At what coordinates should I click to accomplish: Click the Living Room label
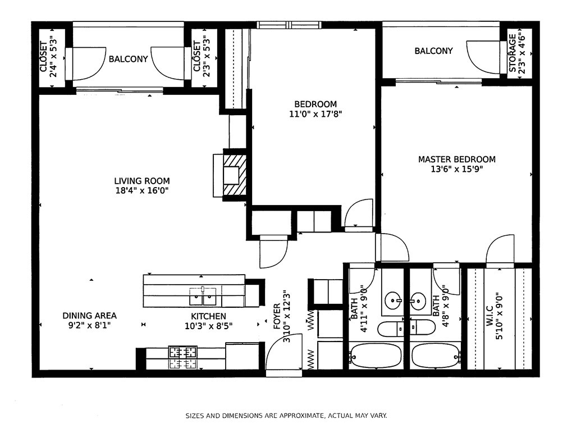coord(141,181)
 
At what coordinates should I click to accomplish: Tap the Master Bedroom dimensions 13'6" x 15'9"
coord(457,169)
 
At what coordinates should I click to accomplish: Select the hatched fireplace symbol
coord(235,175)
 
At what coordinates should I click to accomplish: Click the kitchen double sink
coord(203,296)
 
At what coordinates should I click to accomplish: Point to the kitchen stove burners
coord(182,357)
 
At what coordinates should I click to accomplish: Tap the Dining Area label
coord(89,316)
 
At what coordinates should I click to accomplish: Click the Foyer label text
coord(277,317)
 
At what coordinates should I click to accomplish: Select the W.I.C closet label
coord(490,316)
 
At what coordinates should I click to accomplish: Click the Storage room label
coord(513,53)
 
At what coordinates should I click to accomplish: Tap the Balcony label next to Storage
coord(433,51)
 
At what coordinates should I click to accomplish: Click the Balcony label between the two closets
coord(129,59)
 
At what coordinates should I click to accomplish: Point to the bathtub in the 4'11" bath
coord(376,355)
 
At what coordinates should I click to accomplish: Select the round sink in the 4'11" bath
coord(393,301)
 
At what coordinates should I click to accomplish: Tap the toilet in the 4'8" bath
coord(423,328)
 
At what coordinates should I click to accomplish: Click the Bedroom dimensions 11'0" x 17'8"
coord(315,115)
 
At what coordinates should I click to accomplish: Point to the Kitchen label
coord(209,317)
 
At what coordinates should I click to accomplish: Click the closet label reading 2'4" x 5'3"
coord(53,57)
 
